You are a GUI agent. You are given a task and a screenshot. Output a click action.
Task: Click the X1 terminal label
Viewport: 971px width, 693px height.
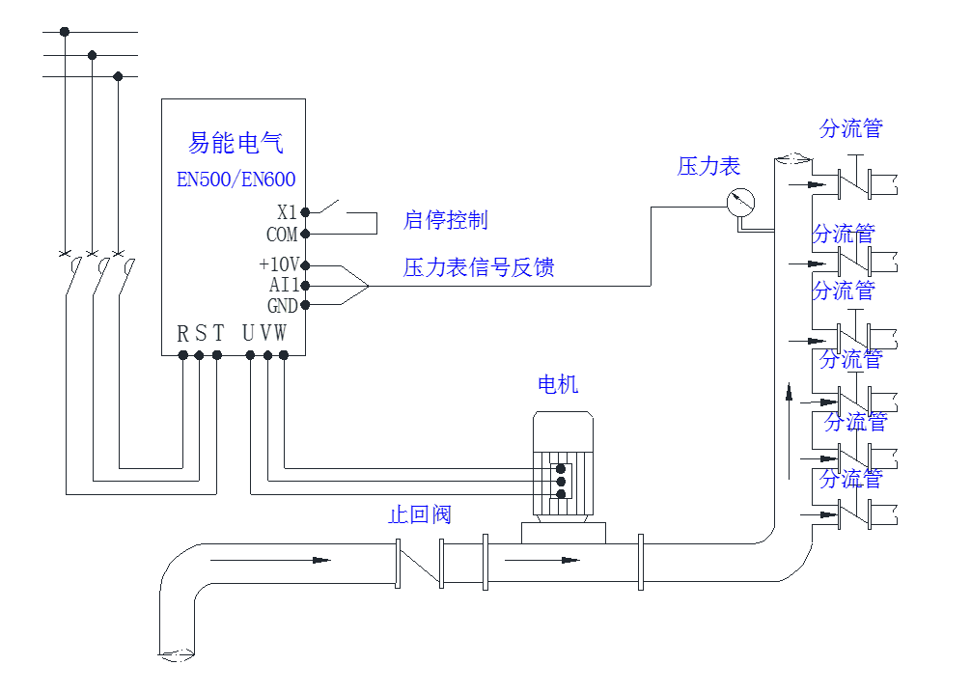[x=287, y=212]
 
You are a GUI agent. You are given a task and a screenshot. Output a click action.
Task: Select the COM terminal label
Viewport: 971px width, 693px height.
[x=282, y=235]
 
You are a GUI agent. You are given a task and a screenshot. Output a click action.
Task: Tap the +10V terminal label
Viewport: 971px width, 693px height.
[x=278, y=264]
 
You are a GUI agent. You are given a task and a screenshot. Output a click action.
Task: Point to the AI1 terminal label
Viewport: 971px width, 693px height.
[x=283, y=286]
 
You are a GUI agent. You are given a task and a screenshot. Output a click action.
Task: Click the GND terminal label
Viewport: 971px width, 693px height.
[x=282, y=306]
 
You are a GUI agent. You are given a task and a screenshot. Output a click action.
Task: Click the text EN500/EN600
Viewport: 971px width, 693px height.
[x=236, y=180]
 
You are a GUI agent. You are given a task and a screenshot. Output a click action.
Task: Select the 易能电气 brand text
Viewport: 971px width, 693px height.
[x=236, y=145]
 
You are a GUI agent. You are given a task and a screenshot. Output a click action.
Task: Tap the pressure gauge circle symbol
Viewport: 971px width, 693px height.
[x=740, y=201]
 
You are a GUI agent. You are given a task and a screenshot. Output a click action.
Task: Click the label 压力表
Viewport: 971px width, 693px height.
[x=708, y=166]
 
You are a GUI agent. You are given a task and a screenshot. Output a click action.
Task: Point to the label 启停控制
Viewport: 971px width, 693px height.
[x=445, y=220]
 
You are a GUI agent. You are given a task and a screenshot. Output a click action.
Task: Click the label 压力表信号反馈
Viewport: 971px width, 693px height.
[x=479, y=267]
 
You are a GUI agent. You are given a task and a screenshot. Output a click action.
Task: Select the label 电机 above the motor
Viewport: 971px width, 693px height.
[x=558, y=384]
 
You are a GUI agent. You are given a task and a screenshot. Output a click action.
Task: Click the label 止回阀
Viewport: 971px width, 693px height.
[x=419, y=514]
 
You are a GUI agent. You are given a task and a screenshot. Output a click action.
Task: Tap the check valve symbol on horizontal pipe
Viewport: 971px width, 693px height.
[x=421, y=565]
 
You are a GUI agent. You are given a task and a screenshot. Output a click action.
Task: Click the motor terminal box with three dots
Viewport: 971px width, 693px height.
[x=561, y=480]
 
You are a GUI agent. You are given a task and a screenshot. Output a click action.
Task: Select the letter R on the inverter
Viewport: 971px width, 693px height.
[x=183, y=334]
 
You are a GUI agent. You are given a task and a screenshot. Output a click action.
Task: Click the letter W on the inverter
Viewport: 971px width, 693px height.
[x=280, y=334]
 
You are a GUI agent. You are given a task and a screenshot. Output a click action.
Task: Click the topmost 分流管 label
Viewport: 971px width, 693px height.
[x=850, y=128]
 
